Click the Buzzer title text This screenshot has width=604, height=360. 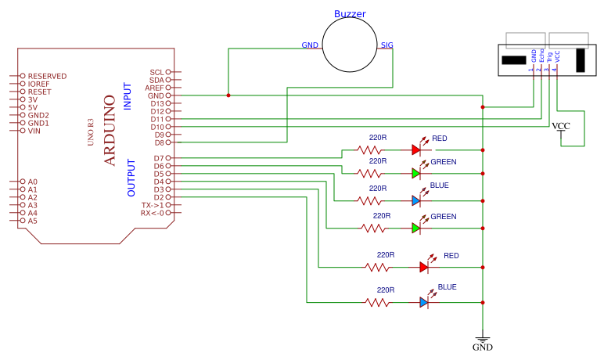tap(350, 14)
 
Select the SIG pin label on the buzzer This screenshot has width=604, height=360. tap(386, 45)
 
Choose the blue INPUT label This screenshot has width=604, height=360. tap(128, 96)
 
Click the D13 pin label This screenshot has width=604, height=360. tap(157, 103)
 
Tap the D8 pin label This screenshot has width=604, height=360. tap(160, 142)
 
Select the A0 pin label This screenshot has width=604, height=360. tap(33, 182)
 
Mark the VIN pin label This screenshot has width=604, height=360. tap(34, 131)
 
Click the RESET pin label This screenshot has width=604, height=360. tap(39, 92)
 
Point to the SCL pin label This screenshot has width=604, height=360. tap(157, 72)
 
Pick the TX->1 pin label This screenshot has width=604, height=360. tap(153, 205)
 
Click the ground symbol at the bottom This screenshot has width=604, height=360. tap(483, 340)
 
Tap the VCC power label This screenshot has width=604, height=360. tap(561, 127)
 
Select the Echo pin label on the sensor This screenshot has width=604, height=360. tap(541, 56)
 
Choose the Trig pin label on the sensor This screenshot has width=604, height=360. tap(549, 56)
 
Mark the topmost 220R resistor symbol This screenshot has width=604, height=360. tap(371, 149)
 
